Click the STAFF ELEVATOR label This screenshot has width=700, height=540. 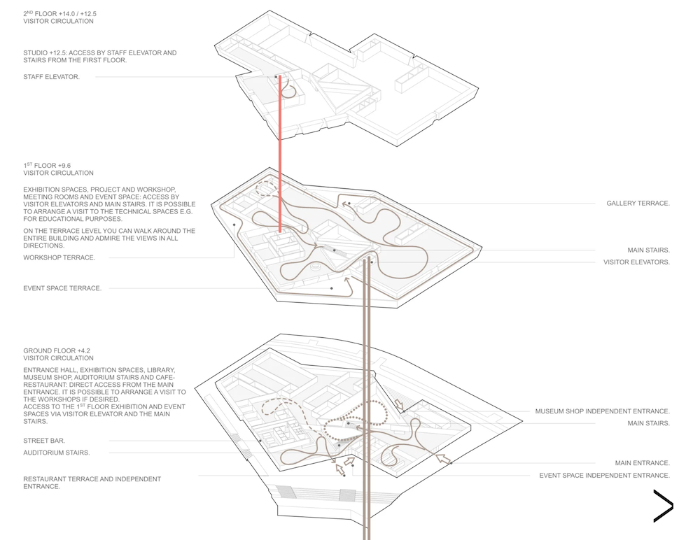tap(51, 77)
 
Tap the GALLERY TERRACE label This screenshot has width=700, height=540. tap(638, 204)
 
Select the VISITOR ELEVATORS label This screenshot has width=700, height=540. tap(636, 262)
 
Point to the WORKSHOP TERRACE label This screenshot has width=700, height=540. tap(59, 258)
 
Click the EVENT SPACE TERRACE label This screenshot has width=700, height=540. tap(62, 289)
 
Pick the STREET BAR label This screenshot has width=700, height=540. tap(44, 441)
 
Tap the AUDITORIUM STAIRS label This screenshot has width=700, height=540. tap(57, 453)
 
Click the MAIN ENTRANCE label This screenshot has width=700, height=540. tap(643, 463)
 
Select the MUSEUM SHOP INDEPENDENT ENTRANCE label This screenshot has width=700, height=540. tap(603, 411)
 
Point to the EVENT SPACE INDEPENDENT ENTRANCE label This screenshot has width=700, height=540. tap(605, 476)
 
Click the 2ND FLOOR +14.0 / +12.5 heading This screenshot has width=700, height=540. tap(59, 14)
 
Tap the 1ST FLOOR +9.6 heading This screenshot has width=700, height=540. tap(47, 166)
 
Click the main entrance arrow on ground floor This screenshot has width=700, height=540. tap(442, 458)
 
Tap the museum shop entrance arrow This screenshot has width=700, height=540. tap(399, 405)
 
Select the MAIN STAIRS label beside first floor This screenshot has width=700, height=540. tap(649, 250)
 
